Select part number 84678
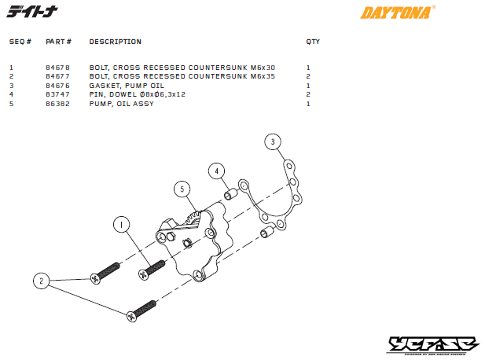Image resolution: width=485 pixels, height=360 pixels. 57,68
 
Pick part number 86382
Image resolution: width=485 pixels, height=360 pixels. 57,103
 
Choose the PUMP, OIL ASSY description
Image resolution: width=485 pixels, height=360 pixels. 121,103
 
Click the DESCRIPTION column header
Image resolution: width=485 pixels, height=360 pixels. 115,42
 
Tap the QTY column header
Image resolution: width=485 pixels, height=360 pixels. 313,42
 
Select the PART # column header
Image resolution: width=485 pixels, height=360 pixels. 59,42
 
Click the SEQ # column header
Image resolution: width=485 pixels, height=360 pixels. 20,42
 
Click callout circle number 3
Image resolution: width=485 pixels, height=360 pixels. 272,142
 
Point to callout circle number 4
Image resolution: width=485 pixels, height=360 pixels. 217,171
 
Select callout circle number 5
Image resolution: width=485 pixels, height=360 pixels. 182,189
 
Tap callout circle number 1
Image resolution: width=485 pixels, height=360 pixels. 120,225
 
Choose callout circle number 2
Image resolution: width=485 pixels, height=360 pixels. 41,280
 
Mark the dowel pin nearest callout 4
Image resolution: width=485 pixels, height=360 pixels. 232,194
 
